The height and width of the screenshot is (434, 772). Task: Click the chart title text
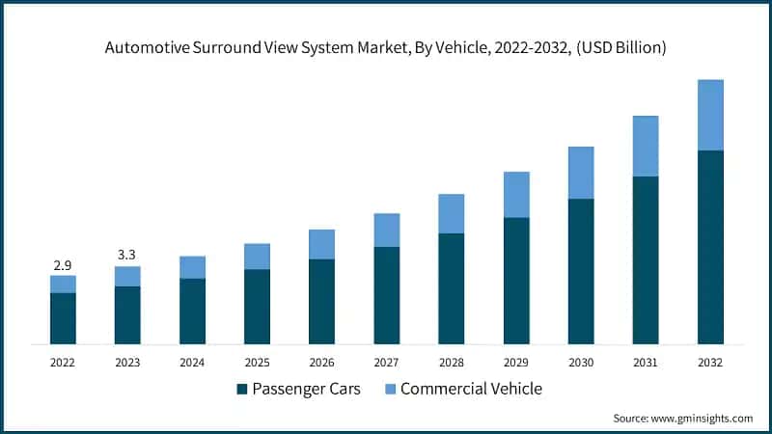pyautogui.click(x=385, y=46)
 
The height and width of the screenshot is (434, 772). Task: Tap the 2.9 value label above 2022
pyautogui.click(x=63, y=264)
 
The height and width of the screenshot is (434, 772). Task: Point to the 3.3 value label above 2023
pyautogui.click(x=127, y=255)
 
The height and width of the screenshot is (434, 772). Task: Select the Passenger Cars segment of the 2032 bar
pyautogui.click(x=710, y=247)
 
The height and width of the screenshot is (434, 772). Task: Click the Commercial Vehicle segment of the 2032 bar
pyautogui.click(x=710, y=115)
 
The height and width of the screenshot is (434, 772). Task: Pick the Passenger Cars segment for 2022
pyautogui.click(x=63, y=318)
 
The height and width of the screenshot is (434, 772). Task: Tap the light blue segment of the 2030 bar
pyautogui.click(x=581, y=173)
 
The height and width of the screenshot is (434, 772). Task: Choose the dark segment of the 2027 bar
pyautogui.click(x=387, y=295)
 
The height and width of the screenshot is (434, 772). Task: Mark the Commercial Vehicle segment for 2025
pyautogui.click(x=257, y=256)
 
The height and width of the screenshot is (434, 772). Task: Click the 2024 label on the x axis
pyautogui.click(x=192, y=363)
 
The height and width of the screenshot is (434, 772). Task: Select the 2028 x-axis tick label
pyautogui.click(x=452, y=363)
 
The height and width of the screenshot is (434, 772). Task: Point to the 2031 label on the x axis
pyautogui.click(x=646, y=363)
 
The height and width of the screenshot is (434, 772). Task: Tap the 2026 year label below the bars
pyautogui.click(x=321, y=363)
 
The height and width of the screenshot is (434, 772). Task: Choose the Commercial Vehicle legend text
pyautogui.click(x=471, y=389)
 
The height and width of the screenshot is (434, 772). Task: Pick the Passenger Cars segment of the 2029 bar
pyautogui.click(x=516, y=281)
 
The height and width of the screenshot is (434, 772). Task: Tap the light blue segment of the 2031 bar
pyautogui.click(x=646, y=146)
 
